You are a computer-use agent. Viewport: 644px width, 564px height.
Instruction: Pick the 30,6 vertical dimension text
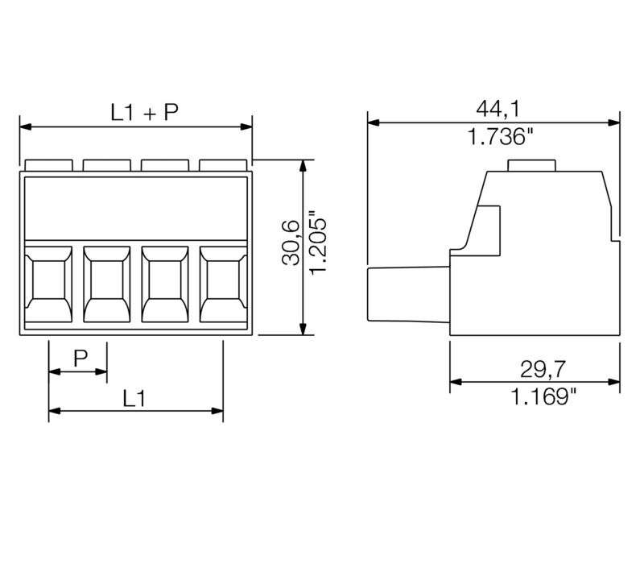point(290,242)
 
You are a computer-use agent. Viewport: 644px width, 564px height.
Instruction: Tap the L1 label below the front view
point(134,398)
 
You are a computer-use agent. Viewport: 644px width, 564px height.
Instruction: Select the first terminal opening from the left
point(48,284)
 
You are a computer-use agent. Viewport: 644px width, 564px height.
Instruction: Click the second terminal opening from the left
point(106,284)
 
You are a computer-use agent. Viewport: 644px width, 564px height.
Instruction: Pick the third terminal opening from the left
point(165,284)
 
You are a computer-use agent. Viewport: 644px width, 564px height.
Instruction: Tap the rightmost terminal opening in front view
point(223,284)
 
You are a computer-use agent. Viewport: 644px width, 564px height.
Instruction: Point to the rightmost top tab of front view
point(223,165)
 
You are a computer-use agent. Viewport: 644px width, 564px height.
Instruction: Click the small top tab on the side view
point(532,165)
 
